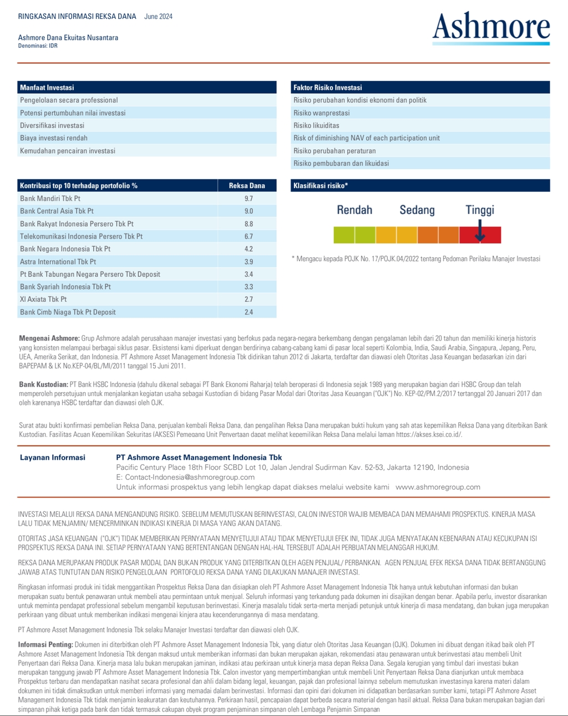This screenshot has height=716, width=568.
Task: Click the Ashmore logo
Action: coord(491,28)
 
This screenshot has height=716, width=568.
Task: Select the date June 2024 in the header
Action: coord(158,17)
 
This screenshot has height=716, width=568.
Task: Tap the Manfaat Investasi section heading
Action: coord(47,88)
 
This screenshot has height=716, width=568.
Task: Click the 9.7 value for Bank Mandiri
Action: coord(248,199)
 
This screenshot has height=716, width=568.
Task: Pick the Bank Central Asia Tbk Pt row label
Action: coord(57,211)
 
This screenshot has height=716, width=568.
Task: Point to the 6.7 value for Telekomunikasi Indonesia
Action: coord(248,236)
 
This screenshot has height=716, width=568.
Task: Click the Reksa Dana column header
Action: coord(247,186)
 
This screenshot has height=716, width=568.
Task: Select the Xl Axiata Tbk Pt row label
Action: coord(43,299)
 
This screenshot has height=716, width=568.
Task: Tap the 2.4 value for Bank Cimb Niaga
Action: coord(248,312)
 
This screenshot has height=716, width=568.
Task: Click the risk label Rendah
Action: coord(354,210)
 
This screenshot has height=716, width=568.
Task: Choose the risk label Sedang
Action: coord(417,210)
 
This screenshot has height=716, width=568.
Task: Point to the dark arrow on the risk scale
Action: coord(480,231)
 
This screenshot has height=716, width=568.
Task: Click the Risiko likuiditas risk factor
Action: coord(316,126)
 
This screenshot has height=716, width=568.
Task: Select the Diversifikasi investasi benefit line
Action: coord(52,126)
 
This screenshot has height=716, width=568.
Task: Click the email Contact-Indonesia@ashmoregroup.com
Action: coord(190,477)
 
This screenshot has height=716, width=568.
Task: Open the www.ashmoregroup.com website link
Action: coord(438,487)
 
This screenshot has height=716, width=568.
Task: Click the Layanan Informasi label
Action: coord(53,458)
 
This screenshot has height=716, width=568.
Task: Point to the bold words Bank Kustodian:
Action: coord(44,384)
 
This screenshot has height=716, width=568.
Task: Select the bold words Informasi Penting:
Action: coord(45,644)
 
